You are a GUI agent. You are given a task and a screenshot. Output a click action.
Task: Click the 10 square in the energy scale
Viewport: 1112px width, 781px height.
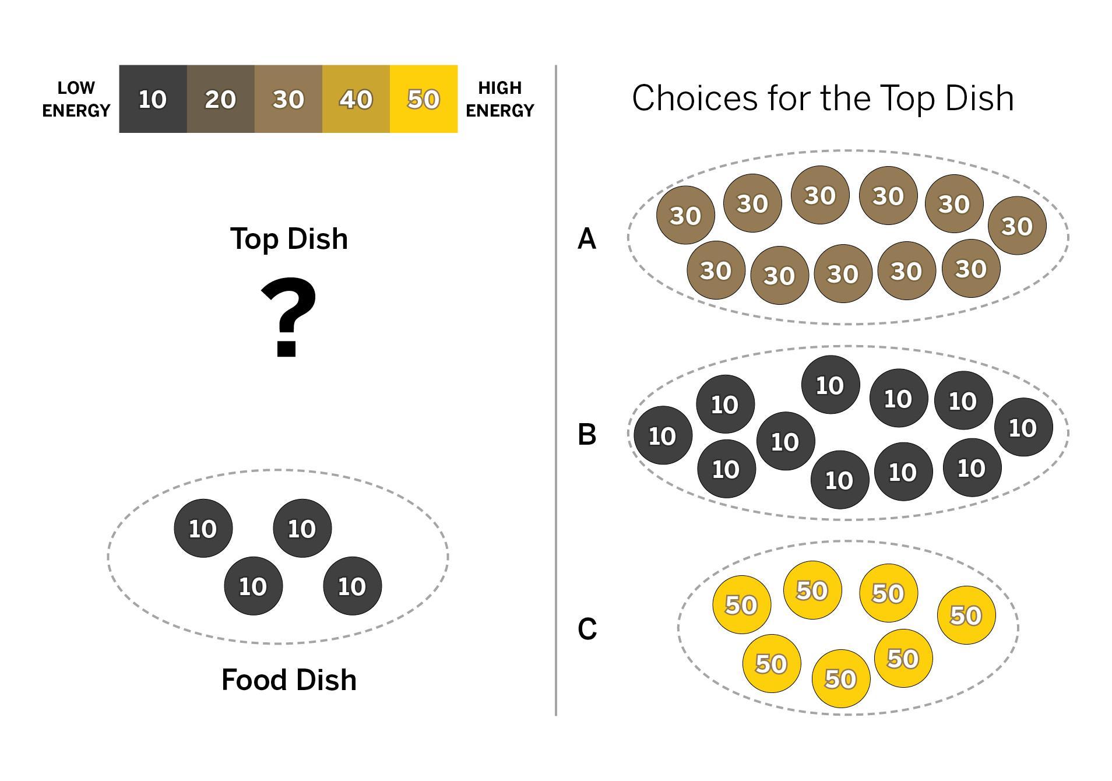tap(153, 99)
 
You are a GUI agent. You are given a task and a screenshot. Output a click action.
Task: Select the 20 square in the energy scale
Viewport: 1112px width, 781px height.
tap(220, 99)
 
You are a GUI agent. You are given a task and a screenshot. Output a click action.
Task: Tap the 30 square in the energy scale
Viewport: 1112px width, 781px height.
tap(288, 99)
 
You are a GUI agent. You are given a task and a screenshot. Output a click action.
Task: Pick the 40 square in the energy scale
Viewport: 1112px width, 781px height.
tap(356, 99)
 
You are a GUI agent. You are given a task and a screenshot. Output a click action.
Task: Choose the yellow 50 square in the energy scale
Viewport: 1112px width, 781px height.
tap(423, 99)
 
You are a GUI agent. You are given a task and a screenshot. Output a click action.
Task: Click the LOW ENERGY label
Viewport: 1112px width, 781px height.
tap(76, 99)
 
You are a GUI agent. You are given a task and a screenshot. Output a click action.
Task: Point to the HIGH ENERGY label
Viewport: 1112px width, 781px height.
tap(499, 99)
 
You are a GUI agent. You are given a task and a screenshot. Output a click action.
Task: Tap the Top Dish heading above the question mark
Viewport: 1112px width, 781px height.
tap(289, 239)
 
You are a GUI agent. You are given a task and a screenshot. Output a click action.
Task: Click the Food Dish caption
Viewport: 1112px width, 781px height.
tap(289, 680)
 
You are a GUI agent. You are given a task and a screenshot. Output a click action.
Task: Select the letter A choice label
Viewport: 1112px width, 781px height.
tap(587, 239)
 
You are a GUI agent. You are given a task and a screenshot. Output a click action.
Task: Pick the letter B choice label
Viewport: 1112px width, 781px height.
tap(587, 435)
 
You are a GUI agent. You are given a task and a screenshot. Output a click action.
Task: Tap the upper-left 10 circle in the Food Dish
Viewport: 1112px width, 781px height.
tap(203, 528)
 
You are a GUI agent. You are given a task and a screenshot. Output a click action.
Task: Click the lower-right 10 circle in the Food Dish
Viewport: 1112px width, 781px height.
tap(352, 586)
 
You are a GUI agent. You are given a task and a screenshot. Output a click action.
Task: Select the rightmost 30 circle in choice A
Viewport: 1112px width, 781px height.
tap(1017, 226)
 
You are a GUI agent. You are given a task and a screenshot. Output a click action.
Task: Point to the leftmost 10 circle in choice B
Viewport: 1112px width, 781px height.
tap(663, 435)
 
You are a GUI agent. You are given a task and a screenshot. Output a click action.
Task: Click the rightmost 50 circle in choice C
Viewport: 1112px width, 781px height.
tap(966, 615)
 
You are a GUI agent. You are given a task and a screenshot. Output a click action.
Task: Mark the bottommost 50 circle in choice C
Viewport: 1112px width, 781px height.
tap(840, 678)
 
